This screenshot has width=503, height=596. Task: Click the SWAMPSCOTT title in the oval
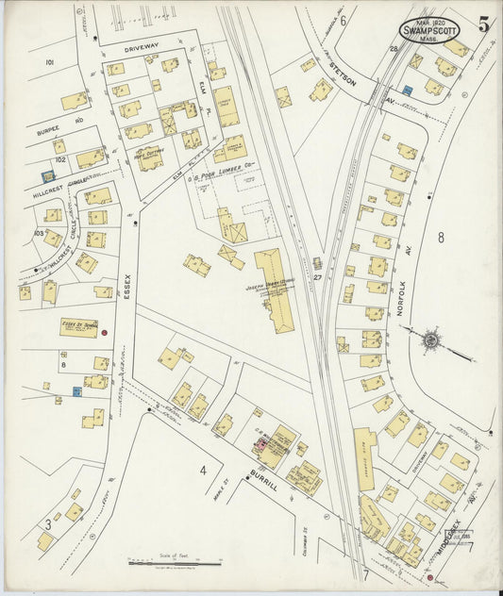pos(429,29)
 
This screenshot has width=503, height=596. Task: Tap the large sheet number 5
pos(483,25)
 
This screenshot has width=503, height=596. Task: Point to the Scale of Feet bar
pos(169,564)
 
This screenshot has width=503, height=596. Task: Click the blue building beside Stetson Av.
pos(408,90)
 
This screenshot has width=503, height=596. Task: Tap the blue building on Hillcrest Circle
pos(48,175)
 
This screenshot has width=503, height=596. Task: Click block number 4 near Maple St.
pos(202,470)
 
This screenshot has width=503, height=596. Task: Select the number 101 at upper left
pos(49,62)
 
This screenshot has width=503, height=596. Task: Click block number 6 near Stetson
pos(344,21)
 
